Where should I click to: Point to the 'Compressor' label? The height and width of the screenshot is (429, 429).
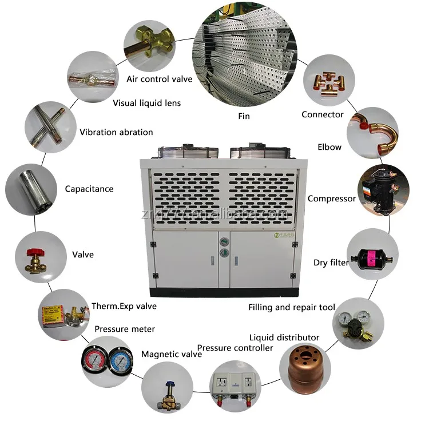[x=331, y=198]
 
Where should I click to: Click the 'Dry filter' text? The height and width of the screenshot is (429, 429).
[x=331, y=263]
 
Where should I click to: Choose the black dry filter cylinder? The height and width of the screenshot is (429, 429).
[x=372, y=256]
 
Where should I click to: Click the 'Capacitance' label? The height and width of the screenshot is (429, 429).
[x=89, y=189]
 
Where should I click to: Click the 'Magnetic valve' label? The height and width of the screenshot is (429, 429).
[x=171, y=354]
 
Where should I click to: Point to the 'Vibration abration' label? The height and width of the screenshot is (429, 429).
[x=116, y=132]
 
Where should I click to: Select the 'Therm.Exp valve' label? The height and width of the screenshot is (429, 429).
[x=124, y=306]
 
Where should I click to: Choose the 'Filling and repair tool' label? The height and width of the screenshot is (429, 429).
[x=292, y=308]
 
